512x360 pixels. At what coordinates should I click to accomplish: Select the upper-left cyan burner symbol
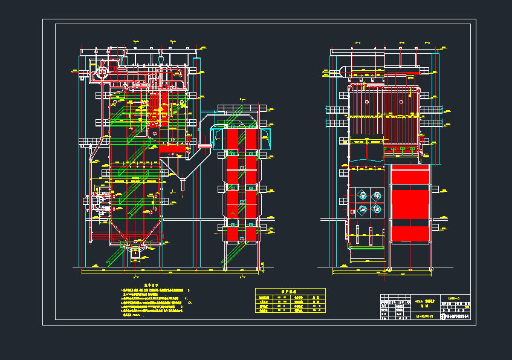[x=362, y=195]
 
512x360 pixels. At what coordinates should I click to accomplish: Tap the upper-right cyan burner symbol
[x=377, y=195]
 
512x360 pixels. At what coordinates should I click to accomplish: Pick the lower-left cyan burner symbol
[x=362, y=210]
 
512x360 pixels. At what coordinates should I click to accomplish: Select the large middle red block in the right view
[x=410, y=205]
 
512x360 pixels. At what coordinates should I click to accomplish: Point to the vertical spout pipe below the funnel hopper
[x=183, y=184]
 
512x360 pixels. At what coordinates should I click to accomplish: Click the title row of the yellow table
[x=290, y=291]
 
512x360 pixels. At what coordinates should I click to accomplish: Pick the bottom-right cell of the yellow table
[x=316, y=311]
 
